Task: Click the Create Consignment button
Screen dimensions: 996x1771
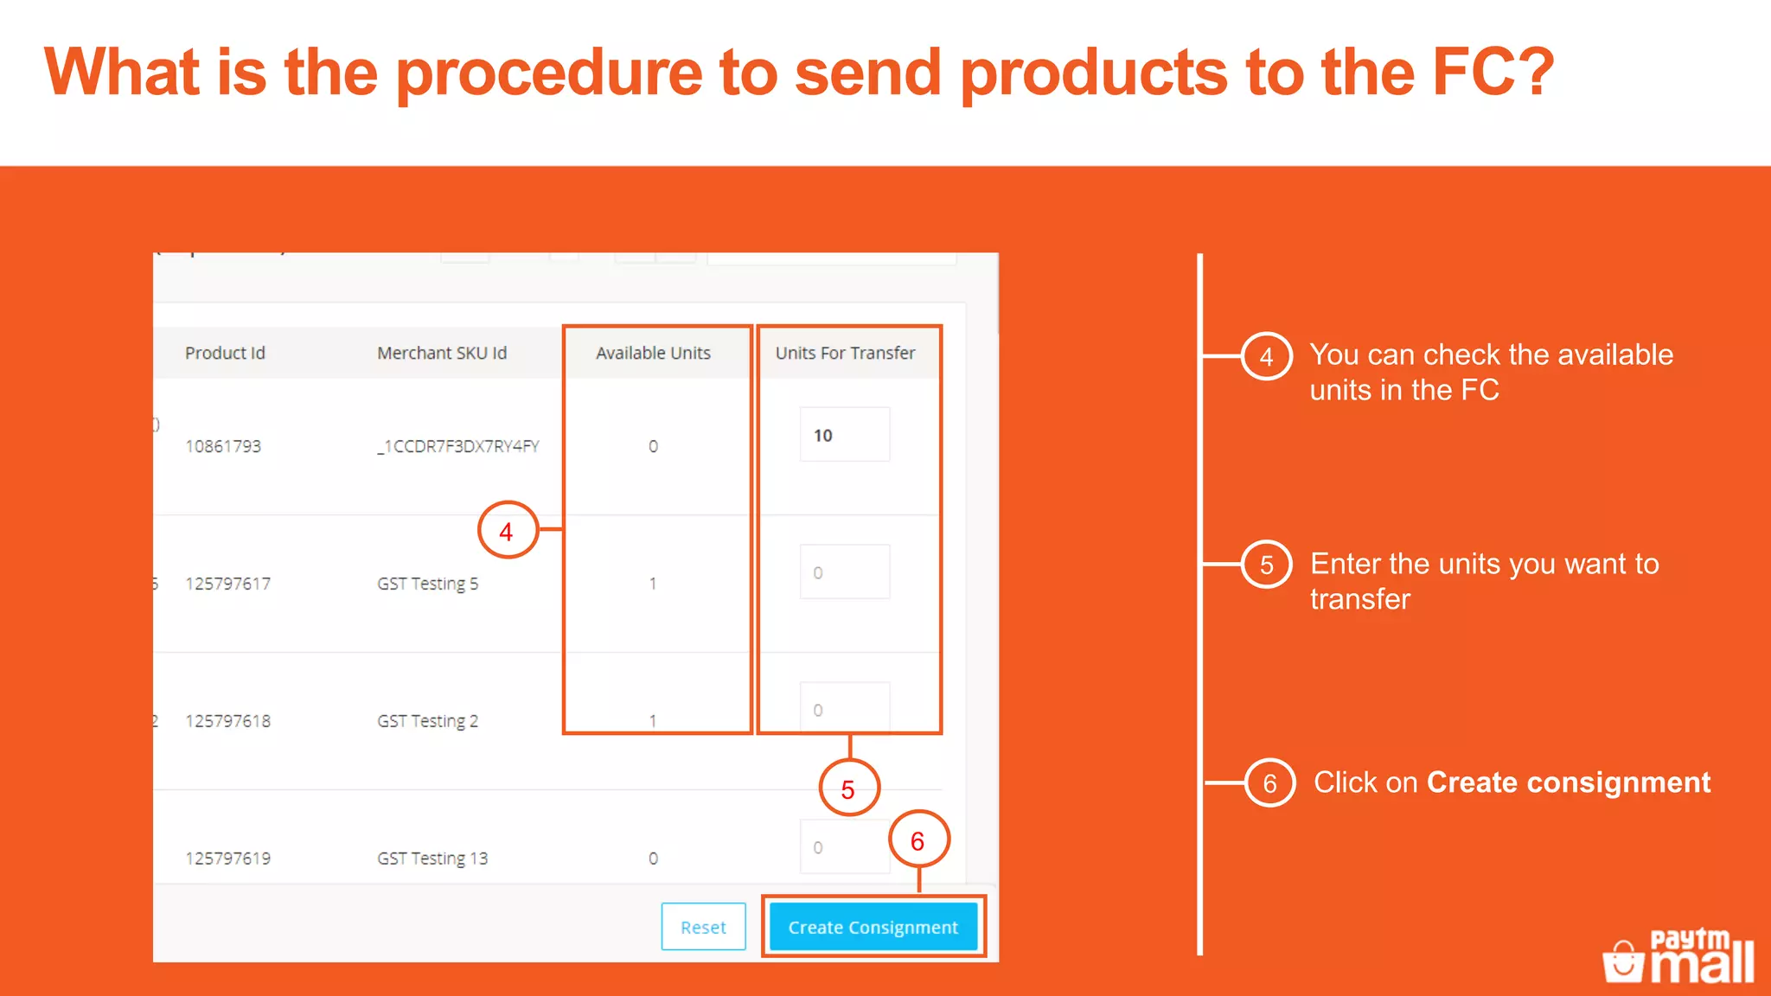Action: point(873,927)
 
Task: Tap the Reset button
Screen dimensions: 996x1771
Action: point(703,927)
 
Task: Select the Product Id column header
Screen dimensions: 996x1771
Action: point(225,353)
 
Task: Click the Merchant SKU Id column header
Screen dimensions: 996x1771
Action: point(442,353)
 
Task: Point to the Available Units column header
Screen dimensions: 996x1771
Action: point(653,353)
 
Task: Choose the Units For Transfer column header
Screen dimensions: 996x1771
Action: point(845,353)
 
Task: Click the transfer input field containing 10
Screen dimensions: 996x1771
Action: point(844,435)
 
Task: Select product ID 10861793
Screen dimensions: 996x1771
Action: point(223,446)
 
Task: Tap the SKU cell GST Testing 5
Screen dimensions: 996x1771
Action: point(427,584)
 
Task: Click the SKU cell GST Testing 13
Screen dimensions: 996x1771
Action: point(432,859)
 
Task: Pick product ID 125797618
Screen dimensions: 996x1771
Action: point(227,721)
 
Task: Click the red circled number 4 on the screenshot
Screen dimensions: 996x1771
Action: point(507,531)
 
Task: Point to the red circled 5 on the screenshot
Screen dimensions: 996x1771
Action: point(848,788)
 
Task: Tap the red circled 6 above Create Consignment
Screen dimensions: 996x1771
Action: point(918,840)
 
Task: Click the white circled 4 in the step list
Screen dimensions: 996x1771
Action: point(1267,356)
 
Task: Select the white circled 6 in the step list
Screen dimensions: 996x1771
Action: point(1269,783)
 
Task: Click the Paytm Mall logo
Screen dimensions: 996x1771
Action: point(1678,956)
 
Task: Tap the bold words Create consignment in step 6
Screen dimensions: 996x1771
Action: point(1568,782)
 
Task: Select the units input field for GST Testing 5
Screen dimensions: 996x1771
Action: point(844,572)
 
